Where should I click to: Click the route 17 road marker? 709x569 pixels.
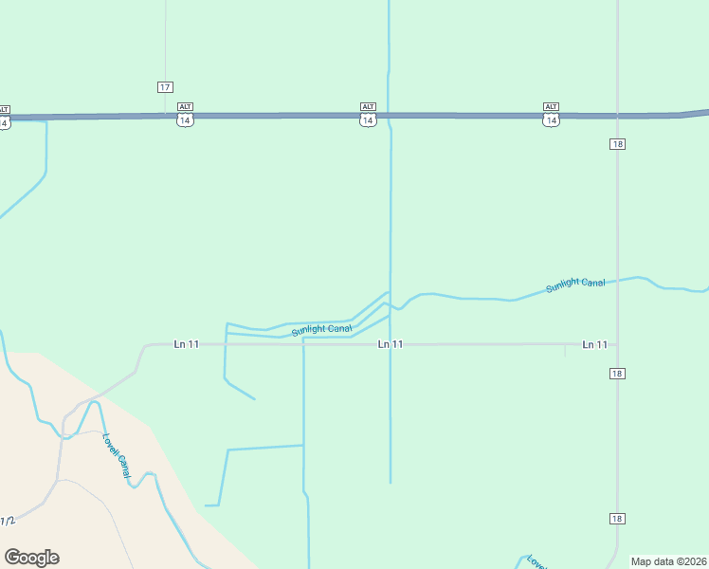point(165,86)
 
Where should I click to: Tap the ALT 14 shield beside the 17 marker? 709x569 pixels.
point(185,115)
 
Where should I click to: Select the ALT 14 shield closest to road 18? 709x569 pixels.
point(551,115)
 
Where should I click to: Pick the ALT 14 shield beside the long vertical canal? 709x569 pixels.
point(368,115)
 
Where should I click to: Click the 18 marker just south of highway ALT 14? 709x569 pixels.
point(617,143)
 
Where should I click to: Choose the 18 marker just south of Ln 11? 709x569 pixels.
point(617,374)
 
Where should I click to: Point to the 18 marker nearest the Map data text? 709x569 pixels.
point(617,518)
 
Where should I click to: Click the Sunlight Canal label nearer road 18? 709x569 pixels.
point(575,284)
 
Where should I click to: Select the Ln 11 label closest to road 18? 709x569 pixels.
point(594,344)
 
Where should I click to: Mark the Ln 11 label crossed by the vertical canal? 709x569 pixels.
point(391,344)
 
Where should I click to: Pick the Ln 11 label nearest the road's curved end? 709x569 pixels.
point(187,344)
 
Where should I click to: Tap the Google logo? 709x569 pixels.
point(31,558)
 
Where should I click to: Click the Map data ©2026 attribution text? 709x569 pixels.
point(669,560)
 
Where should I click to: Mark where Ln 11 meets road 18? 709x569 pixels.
point(617,344)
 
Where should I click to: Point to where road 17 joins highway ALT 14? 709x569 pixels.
point(165,116)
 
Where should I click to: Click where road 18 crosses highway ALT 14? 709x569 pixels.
point(617,117)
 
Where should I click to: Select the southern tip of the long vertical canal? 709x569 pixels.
point(391,483)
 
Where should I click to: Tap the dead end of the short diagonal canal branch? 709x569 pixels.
point(255,398)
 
